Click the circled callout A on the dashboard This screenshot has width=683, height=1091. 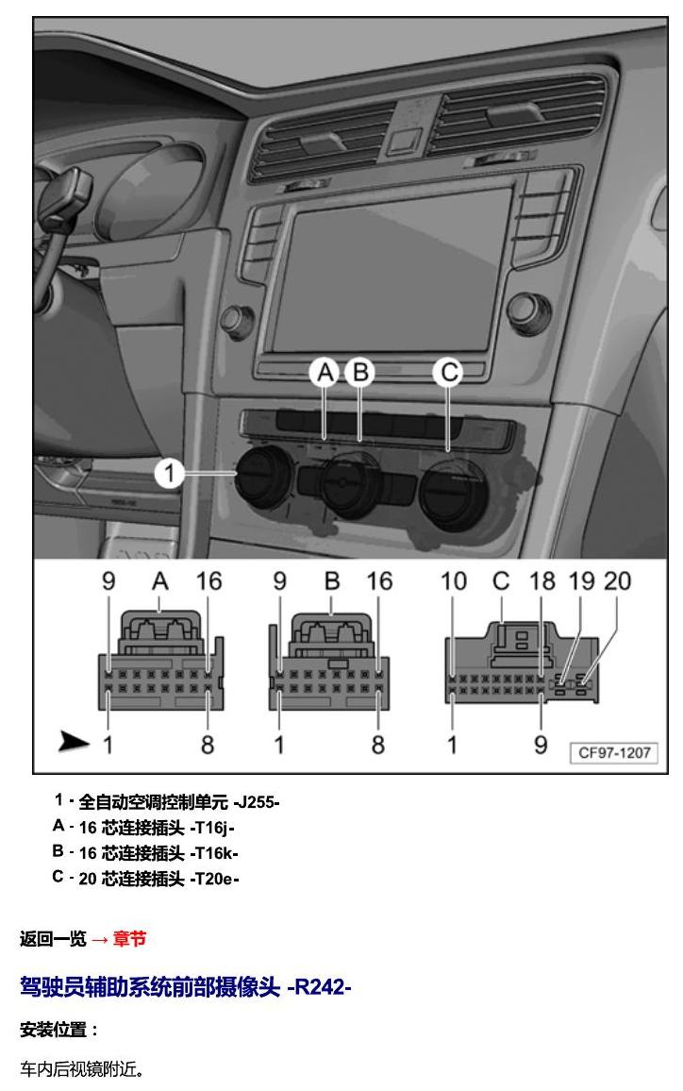click(x=325, y=372)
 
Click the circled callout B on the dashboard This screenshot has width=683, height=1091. click(x=360, y=372)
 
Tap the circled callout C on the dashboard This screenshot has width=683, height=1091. click(x=449, y=372)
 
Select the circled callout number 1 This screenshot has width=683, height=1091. click(x=169, y=474)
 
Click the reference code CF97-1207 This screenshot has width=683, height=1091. click(x=614, y=752)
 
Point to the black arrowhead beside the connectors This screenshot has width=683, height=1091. click(x=74, y=742)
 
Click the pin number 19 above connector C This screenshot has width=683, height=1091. click(x=581, y=581)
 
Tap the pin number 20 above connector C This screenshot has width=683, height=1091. click(x=617, y=581)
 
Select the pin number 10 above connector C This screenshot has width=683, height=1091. click(x=454, y=581)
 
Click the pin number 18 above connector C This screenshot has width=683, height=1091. click(x=542, y=581)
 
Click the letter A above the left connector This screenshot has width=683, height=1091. click(x=160, y=581)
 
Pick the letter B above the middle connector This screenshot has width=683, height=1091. click(x=332, y=581)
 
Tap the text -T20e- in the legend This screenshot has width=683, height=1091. click(x=214, y=879)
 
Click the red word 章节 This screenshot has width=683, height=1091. click(x=129, y=939)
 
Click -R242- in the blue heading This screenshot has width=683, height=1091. click(x=319, y=986)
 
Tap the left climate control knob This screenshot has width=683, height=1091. click(x=264, y=476)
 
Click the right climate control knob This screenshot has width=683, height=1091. click(x=453, y=493)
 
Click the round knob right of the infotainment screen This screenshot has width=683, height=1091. click(x=529, y=313)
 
